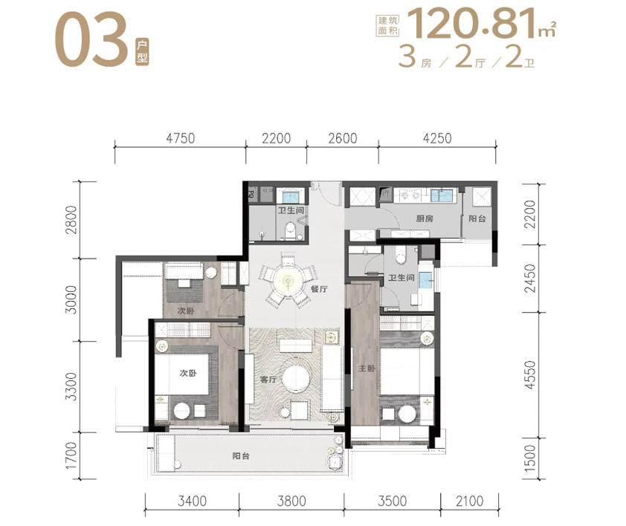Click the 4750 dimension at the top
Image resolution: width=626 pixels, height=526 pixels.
click(x=181, y=138)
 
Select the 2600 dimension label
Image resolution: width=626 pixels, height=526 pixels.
click(x=343, y=138)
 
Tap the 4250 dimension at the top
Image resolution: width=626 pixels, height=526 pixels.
click(x=437, y=138)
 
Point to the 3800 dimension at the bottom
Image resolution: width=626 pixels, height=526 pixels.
click(x=291, y=501)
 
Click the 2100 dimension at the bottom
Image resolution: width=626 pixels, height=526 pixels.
click(x=470, y=501)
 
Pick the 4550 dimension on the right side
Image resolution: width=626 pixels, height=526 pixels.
click(x=530, y=374)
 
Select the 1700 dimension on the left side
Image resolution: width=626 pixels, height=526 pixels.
click(x=71, y=455)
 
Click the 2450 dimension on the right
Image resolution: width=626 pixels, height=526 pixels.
click(x=530, y=278)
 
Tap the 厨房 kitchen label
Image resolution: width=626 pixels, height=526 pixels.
click(x=425, y=218)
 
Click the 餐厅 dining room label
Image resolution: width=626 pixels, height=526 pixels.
click(x=319, y=289)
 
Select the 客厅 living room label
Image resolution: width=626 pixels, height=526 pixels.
click(x=268, y=379)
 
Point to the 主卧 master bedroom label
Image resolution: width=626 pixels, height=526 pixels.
click(x=367, y=368)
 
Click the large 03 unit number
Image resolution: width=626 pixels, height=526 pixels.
click(x=91, y=39)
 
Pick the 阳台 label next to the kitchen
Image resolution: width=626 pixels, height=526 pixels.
click(x=477, y=218)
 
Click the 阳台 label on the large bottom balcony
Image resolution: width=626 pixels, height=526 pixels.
click(x=241, y=456)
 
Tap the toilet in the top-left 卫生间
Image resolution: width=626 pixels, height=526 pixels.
click(x=290, y=233)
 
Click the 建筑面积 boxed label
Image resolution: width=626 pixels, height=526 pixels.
click(x=388, y=26)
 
